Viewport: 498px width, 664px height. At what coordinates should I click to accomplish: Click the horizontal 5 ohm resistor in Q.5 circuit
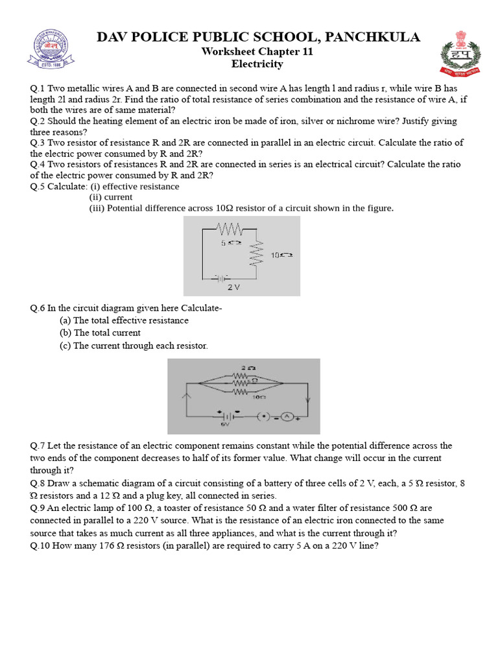tap(230, 229)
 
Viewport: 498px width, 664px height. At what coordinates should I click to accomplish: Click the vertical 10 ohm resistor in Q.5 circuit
tap(260, 254)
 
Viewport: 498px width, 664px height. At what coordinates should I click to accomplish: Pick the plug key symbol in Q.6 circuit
tap(264, 416)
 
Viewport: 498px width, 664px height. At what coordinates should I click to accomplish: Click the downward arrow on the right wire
tap(307, 401)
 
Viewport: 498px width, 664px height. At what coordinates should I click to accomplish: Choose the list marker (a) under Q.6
tap(65, 320)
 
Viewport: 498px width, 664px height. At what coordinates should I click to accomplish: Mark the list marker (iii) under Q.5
tap(96, 208)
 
